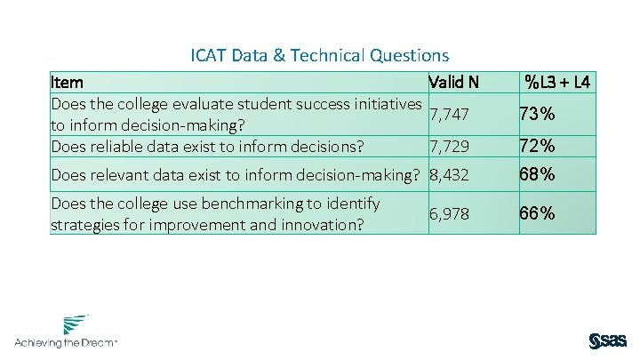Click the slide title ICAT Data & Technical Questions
pos(320,56)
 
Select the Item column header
pos(68,83)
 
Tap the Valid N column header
pos(453,83)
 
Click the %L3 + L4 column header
pos(557,83)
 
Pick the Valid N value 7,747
pos(449,115)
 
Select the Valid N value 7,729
pos(449,145)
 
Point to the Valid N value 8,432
pos(449,175)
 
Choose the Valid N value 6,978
pos(449,213)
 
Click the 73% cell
pos(539,115)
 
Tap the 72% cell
pos(539,145)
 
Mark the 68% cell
pos(539,175)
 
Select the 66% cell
pos(539,213)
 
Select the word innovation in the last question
pos(321,224)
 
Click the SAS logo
pos(608,340)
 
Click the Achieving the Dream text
pos(65,342)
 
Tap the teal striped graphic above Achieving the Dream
pos(76,324)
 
